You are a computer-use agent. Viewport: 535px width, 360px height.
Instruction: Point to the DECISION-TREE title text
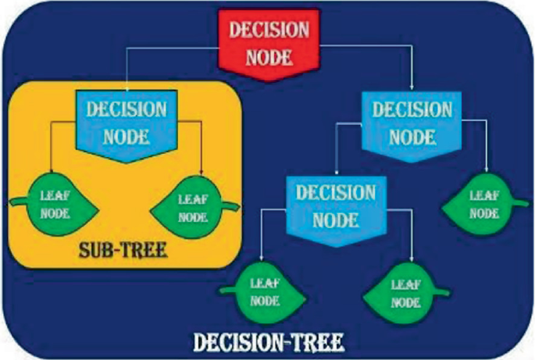(267, 341)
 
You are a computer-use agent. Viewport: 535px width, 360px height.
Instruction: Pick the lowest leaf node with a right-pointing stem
(403, 290)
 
